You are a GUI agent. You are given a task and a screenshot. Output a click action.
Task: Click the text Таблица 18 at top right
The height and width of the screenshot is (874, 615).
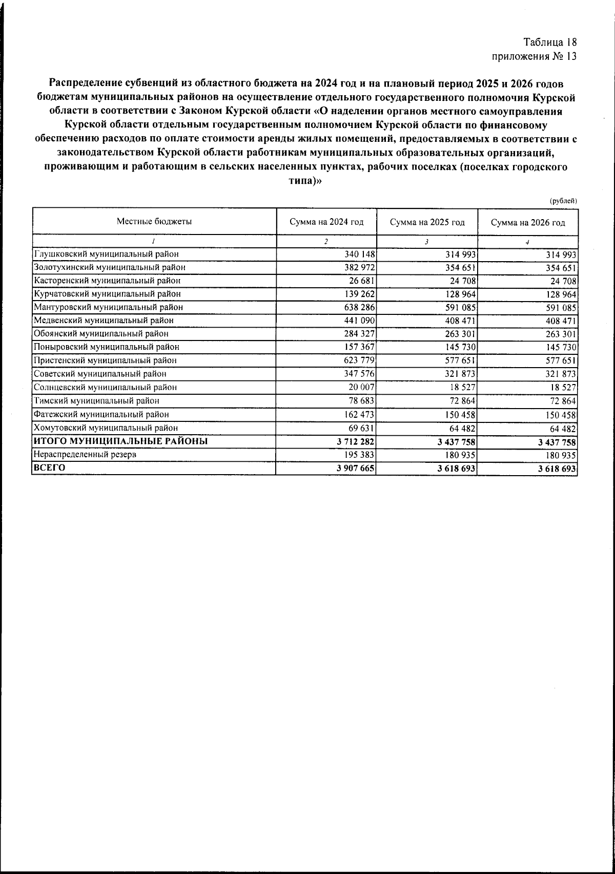coord(550,42)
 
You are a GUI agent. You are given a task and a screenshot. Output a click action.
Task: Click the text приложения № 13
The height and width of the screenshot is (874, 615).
coord(534,56)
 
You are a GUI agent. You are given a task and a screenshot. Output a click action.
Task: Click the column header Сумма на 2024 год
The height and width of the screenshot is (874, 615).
coord(326,222)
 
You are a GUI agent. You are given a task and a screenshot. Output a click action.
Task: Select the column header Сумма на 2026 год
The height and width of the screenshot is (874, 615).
coord(528,223)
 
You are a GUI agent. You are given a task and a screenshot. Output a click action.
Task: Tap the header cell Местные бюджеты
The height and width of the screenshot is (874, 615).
coord(154,221)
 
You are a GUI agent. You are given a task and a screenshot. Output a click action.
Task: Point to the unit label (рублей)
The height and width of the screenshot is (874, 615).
coord(563,201)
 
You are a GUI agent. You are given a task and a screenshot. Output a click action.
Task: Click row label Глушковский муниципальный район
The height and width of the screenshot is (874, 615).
coord(106,254)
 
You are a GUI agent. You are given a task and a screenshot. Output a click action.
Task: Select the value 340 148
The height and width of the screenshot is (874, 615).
coord(362,254)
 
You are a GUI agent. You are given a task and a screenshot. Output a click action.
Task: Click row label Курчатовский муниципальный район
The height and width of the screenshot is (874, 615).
coord(107,294)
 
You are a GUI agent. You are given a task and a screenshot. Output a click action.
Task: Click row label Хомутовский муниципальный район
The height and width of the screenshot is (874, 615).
coord(106,428)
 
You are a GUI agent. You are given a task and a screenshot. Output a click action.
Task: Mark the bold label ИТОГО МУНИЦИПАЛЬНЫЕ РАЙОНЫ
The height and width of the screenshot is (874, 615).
coord(120,441)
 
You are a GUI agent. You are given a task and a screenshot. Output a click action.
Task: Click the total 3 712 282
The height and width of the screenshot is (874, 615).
coord(357,441)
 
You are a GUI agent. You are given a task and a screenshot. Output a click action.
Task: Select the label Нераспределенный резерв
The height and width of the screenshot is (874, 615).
coord(85,454)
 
